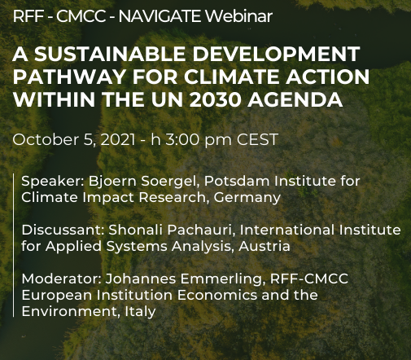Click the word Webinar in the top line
tap(238, 16)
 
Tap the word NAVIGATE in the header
tap(160, 16)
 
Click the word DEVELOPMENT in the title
tap(276, 54)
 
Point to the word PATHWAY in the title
tap(69, 77)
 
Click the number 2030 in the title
tap(215, 100)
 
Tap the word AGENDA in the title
tap(295, 100)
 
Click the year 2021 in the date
tap(118, 139)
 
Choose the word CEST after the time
tap(258, 139)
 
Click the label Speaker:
tap(53, 182)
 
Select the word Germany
tap(247, 198)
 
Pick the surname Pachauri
tap(201, 230)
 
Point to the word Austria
tap(265, 247)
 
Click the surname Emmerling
tap(223, 279)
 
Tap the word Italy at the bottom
tap(140, 312)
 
